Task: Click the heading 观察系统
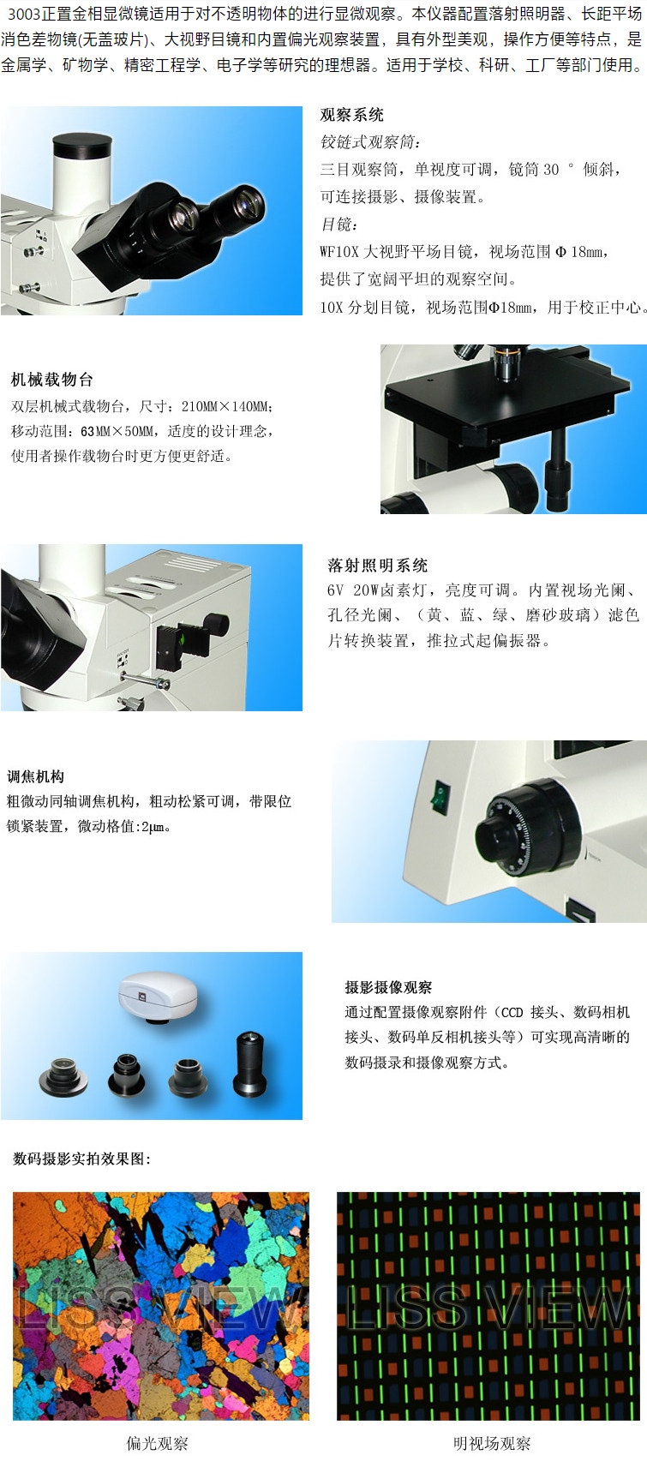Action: pyautogui.click(x=351, y=115)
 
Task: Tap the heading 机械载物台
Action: pyautogui.click(x=51, y=380)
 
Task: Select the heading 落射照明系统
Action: pyautogui.click(x=377, y=565)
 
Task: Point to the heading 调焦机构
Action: pyautogui.click(x=35, y=776)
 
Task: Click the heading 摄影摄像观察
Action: pyautogui.click(x=388, y=987)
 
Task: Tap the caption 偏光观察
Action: pyautogui.click(x=157, y=1443)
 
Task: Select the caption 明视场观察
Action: pyautogui.click(x=492, y=1443)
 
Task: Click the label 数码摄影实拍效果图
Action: pyautogui.click(x=81, y=1159)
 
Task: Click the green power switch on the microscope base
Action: pyautogui.click(x=440, y=797)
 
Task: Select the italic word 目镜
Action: pyautogui.click(x=338, y=225)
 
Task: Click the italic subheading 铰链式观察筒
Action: pyautogui.click(x=369, y=142)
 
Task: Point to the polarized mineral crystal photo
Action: pyautogui.click(x=161, y=1305)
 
